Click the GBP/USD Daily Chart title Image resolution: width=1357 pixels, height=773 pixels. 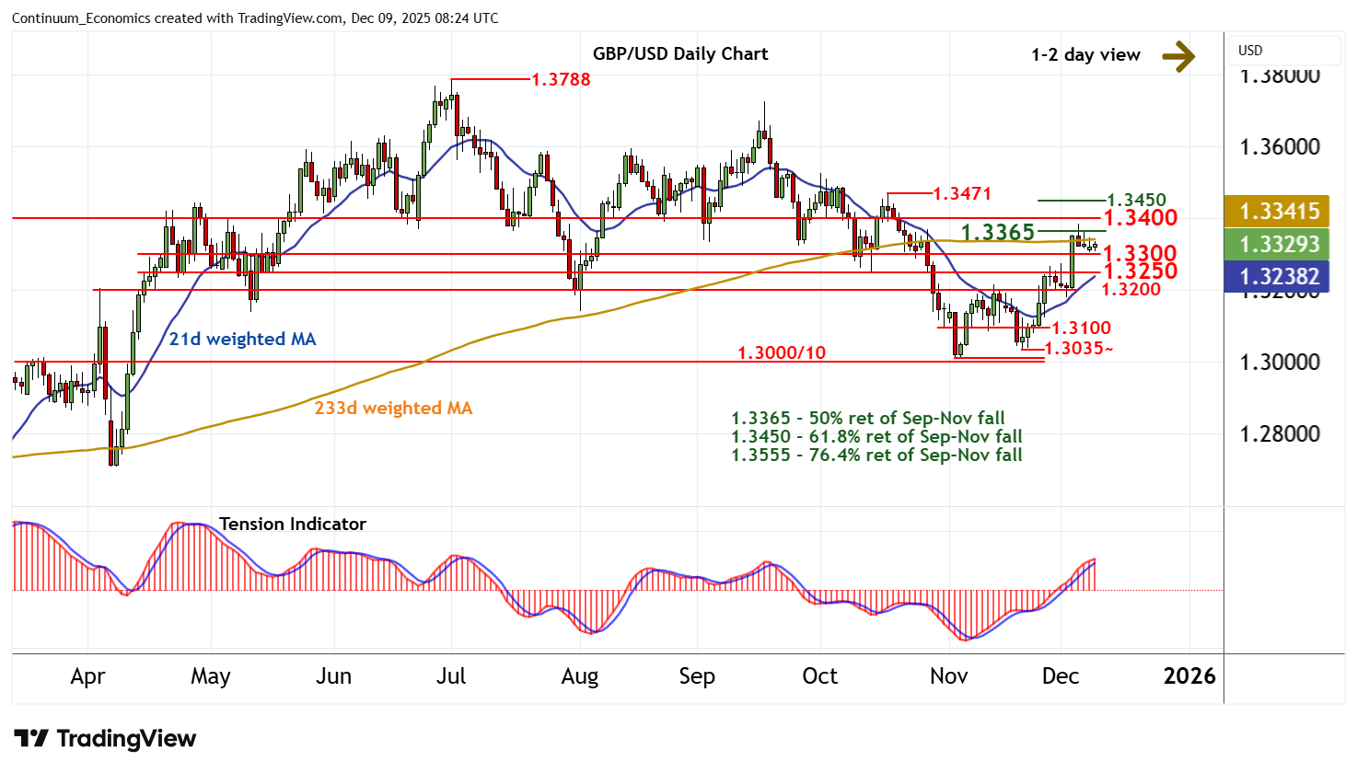(x=679, y=53)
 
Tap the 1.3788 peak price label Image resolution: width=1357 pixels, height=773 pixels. (x=561, y=79)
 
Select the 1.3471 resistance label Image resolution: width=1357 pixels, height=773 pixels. (x=962, y=193)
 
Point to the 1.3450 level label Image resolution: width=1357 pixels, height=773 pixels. (x=1136, y=200)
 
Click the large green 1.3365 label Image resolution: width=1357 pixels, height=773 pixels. (x=998, y=232)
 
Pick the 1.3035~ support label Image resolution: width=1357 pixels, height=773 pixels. (x=1079, y=349)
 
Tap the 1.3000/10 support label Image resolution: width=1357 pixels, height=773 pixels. (x=782, y=352)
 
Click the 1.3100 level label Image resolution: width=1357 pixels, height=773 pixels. (x=1081, y=328)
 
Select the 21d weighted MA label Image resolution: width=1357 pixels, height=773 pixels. (x=242, y=339)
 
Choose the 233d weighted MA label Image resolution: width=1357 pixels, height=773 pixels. (x=393, y=408)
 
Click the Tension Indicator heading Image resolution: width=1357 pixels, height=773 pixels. (x=293, y=524)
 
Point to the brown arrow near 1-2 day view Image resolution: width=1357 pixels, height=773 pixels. (x=1177, y=56)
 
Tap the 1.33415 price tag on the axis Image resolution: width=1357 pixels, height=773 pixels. (x=1279, y=211)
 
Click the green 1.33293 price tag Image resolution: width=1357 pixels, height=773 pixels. (x=1279, y=244)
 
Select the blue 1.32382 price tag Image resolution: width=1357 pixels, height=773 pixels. (x=1279, y=276)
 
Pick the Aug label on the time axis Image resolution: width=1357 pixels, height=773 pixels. (x=579, y=676)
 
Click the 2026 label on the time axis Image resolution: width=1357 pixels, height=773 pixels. (x=1189, y=676)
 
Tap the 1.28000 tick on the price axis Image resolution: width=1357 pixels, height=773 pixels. (x=1279, y=433)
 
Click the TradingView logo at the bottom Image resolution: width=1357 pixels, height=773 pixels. (x=105, y=738)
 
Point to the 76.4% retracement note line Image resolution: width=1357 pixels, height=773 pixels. (x=876, y=455)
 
